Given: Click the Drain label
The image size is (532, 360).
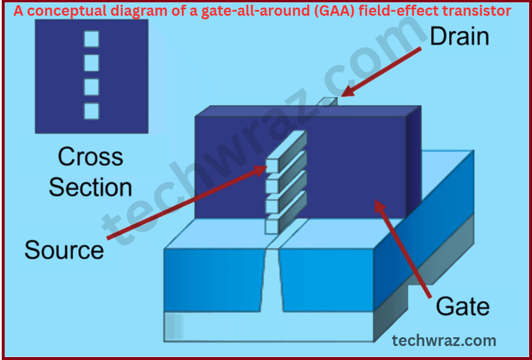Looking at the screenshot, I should [459, 36].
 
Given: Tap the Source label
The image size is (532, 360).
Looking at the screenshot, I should [64, 250].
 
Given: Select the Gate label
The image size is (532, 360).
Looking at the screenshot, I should [463, 306].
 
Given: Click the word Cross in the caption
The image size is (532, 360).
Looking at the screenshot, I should [90, 157].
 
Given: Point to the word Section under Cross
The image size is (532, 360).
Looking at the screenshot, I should [90, 187].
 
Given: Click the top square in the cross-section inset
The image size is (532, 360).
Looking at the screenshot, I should [92, 39].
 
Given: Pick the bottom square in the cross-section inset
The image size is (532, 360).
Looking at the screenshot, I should [92, 110].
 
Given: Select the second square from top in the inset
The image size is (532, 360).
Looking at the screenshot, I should [92, 63].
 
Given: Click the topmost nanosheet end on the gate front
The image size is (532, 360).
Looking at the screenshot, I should [272, 165].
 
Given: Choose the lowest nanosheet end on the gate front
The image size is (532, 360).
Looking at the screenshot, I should [272, 226].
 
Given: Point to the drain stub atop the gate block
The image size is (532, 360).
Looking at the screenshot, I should [329, 102].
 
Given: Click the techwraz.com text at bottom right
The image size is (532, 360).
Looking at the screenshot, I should [444, 340].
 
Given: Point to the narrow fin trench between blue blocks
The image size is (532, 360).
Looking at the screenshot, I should [273, 280].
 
